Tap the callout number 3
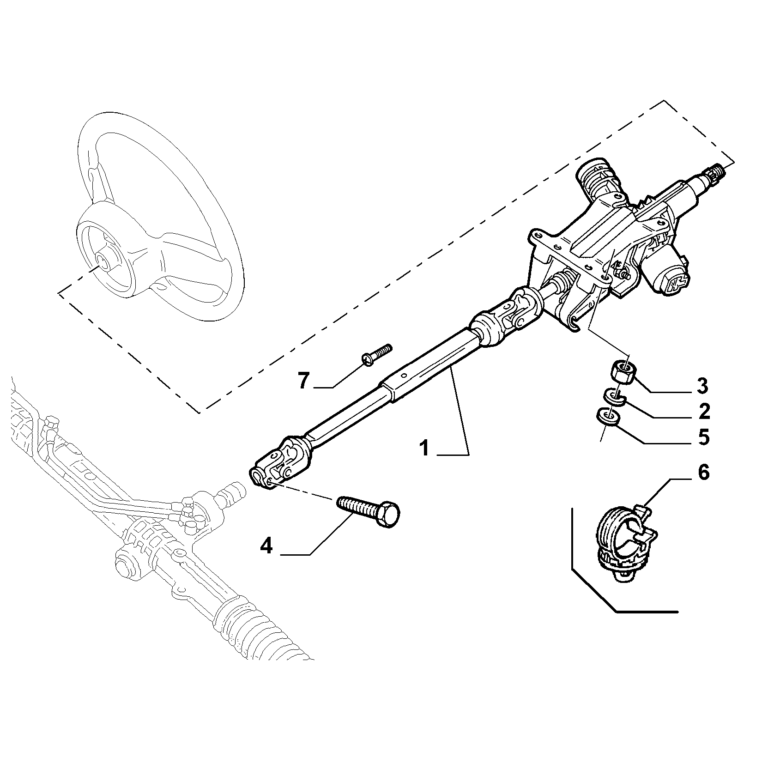pos(702,386)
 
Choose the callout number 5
pos(703,437)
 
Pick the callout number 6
pos(702,473)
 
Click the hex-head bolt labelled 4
pos(369,511)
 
